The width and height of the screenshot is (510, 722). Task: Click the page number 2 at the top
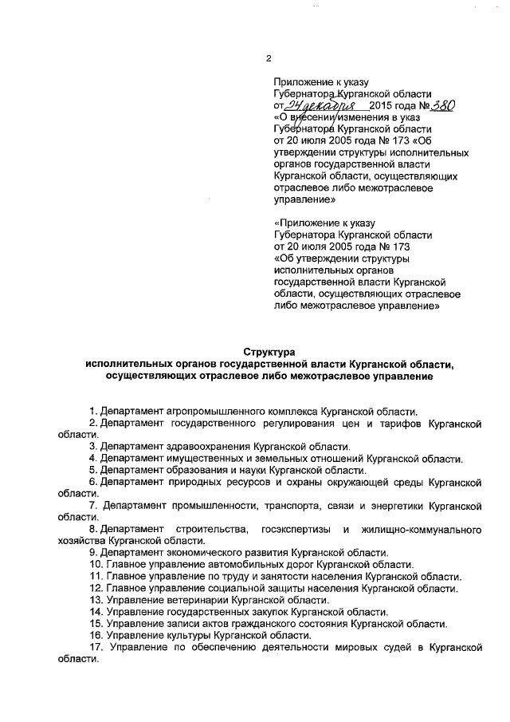[x=269, y=58]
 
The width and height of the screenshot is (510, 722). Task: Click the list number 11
[x=94, y=577]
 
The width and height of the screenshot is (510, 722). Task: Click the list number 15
[x=94, y=624]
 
